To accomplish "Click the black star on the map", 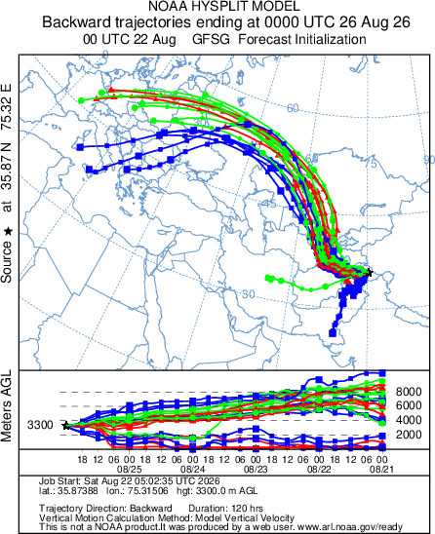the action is (369, 272).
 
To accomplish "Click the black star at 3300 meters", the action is (66, 426).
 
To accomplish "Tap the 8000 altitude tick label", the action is (409, 392).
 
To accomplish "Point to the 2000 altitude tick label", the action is (409, 435).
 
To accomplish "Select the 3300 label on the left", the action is (40, 425).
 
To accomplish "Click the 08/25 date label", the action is (129, 470).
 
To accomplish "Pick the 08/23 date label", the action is (256, 470).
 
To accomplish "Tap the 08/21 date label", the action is (381, 470).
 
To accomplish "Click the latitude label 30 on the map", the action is (248, 294).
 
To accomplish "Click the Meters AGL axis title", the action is (6, 406).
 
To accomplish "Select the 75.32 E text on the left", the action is (6, 106).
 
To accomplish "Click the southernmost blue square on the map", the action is (333, 332).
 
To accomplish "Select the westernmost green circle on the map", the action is (81, 100).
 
